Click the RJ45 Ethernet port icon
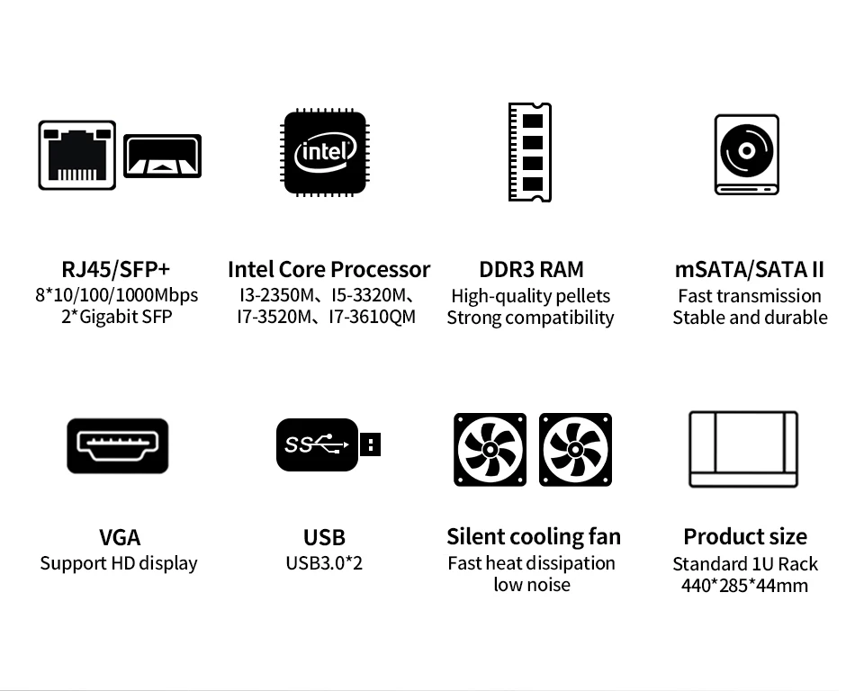point(77,155)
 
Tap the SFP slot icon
point(162,156)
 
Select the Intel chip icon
point(325,152)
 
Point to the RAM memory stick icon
point(530,152)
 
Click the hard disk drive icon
point(746,154)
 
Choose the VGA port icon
point(117,445)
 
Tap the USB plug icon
point(327,444)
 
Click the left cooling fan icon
point(490,450)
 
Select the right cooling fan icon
point(575,450)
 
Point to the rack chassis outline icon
point(743,449)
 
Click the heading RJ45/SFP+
point(116,269)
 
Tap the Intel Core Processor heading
point(328,269)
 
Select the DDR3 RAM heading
point(531,269)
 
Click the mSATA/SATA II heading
point(750,269)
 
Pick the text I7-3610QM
point(372,317)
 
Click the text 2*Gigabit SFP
point(116,317)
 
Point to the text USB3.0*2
point(324,563)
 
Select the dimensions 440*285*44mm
point(744,586)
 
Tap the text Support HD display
point(119,563)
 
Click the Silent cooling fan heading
point(534,537)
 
